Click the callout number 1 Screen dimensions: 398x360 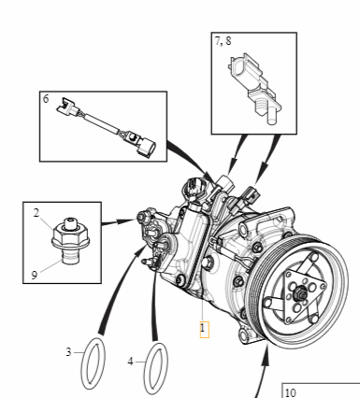coord(203,328)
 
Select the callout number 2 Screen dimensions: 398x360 coord(36,214)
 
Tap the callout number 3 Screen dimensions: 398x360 coord(68,352)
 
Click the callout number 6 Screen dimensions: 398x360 coord(46,97)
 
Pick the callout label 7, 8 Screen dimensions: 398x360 coord(224,42)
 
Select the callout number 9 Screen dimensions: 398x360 coord(36,275)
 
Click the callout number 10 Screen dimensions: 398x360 coord(290,391)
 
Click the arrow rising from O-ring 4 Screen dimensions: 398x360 coord(150,299)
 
